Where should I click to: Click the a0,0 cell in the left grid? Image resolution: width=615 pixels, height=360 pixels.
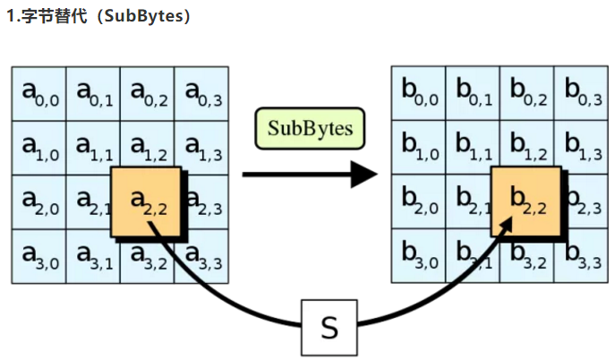tap(38, 92)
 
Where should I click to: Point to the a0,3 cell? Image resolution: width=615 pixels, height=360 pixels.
tap(201, 92)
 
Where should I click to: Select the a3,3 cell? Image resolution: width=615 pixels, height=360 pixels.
tap(201, 257)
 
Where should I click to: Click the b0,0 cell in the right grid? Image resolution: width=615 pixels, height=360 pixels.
tap(418, 92)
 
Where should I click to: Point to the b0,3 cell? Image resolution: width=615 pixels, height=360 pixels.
tap(581, 92)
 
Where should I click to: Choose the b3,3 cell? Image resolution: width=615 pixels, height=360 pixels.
tap(581, 257)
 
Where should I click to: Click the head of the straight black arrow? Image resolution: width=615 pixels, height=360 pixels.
tap(364, 174)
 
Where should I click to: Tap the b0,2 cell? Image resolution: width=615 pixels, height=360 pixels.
tap(526, 92)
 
